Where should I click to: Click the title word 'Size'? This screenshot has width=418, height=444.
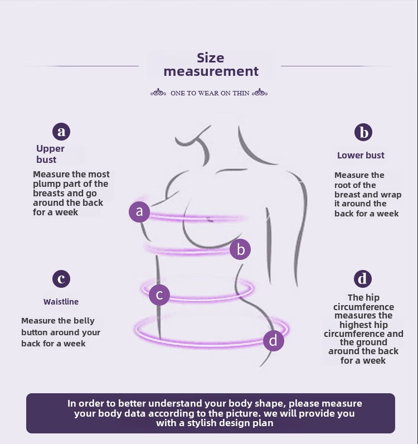[x=211, y=58]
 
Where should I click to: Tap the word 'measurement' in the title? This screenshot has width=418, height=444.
[x=211, y=71]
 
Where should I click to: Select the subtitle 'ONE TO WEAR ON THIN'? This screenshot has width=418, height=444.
[x=210, y=93]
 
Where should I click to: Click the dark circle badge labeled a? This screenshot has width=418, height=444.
[x=61, y=132]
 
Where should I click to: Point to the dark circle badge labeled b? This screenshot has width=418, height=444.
[x=363, y=132]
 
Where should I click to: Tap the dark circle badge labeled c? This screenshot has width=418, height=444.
[x=61, y=278]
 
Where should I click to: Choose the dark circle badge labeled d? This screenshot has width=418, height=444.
[x=363, y=278]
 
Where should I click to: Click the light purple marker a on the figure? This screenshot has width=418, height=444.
[x=139, y=212]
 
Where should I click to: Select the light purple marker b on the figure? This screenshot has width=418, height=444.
[x=241, y=249]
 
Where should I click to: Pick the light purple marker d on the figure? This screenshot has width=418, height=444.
[x=273, y=340]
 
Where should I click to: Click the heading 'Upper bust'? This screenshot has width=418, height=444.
[x=50, y=154]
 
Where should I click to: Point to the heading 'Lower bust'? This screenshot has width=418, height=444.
[x=361, y=156]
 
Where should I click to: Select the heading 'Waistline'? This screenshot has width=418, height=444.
[x=61, y=302]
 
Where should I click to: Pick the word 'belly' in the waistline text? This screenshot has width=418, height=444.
[x=84, y=321]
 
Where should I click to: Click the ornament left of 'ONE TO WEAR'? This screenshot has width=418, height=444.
[x=158, y=93]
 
